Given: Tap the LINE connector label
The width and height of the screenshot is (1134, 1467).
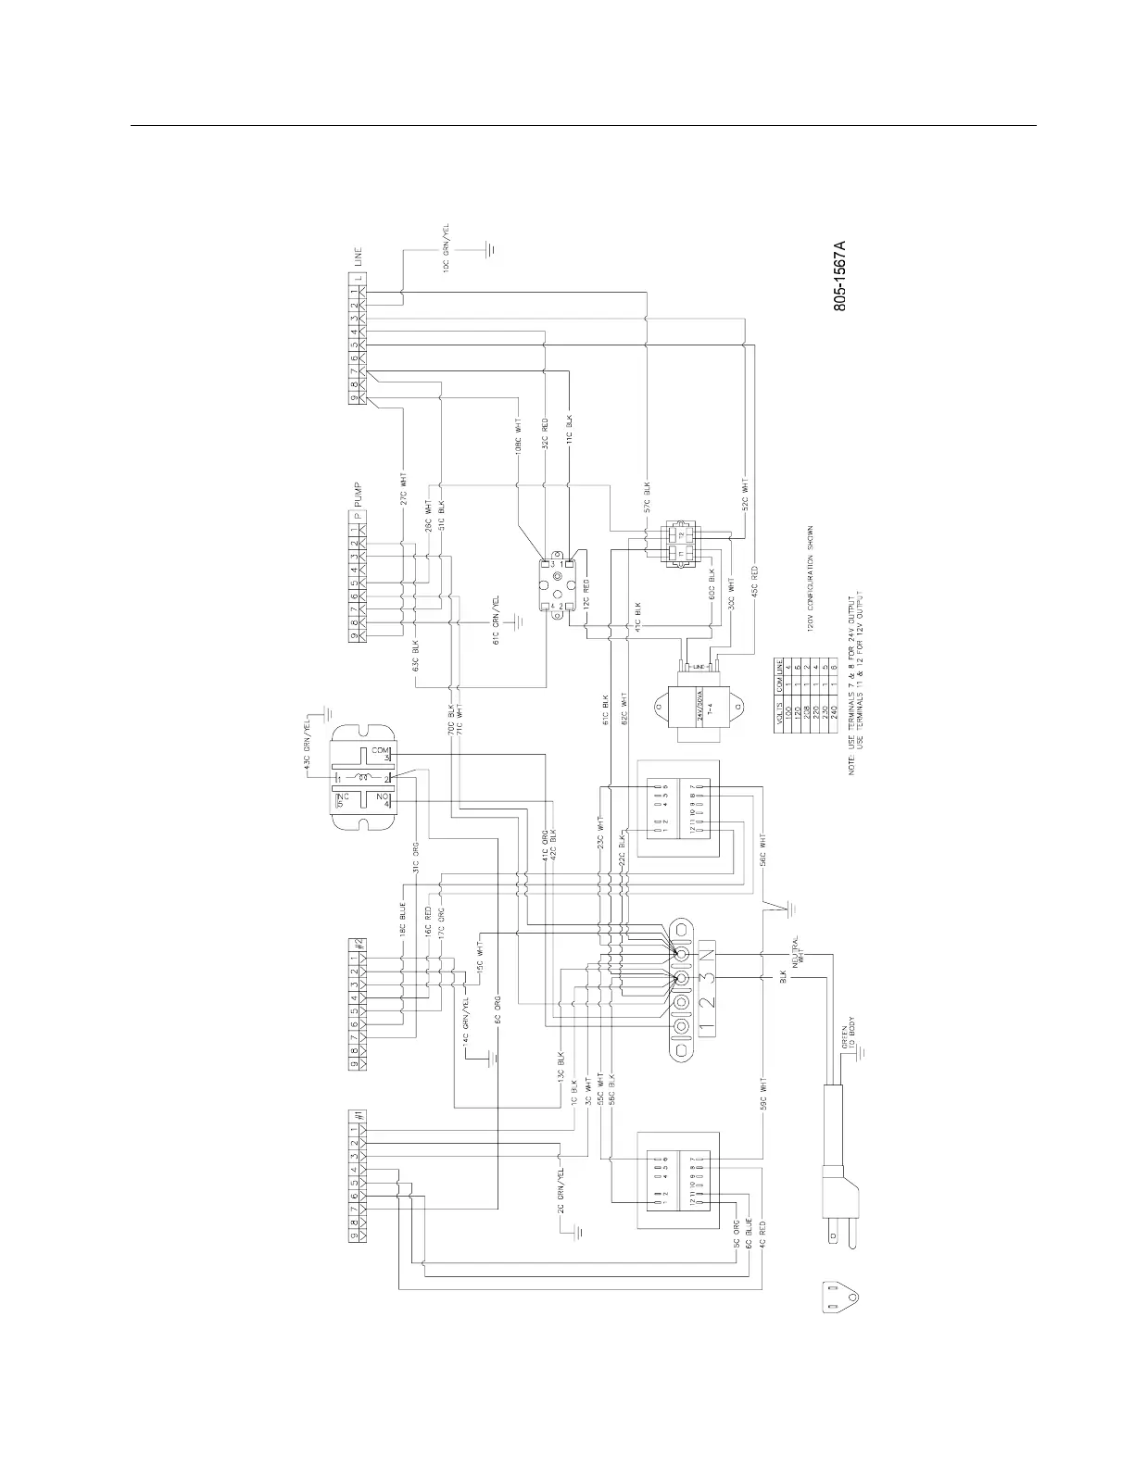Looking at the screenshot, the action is pos(357,257).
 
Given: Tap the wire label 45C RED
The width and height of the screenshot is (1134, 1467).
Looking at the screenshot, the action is pos(756,582).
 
